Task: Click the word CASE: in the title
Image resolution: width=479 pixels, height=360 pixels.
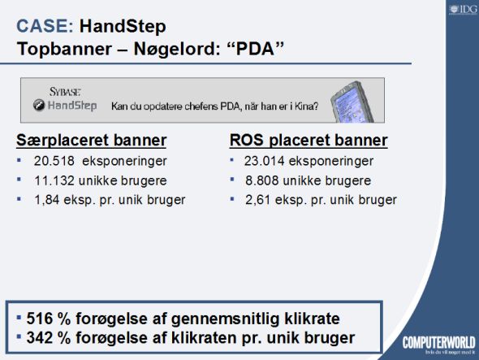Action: coord(45,26)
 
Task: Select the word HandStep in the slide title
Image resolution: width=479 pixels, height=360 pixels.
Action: coord(123,27)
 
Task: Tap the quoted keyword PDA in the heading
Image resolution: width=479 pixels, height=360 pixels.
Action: coord(256,49)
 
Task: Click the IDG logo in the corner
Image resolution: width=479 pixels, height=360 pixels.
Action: coord(463,10)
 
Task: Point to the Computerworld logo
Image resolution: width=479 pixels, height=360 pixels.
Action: coord(439,343)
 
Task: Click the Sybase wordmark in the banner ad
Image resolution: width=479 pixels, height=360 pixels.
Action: coord(65,92)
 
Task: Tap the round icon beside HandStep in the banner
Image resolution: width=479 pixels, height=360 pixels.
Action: coord(39,105)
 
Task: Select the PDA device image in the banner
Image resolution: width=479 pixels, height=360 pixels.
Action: coord(352,102)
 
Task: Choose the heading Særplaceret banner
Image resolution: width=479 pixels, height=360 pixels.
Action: coord(92,141)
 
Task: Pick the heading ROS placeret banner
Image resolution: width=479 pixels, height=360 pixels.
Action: coord(309,141)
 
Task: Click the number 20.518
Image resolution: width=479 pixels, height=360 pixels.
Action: coord(54,161)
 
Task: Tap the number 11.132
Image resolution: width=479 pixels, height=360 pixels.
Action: coord(54,180)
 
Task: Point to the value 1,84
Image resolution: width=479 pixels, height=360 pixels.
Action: coord(47,200)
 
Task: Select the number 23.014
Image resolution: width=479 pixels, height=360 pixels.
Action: coord(264,161)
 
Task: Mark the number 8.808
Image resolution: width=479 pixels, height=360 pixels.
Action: coord(262,180)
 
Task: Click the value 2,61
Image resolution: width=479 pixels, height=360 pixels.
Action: coord(258,200)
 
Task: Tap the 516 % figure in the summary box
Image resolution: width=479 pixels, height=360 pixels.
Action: coord(49,319)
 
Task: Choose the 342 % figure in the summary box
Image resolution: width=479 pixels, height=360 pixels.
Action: coord(49,338)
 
